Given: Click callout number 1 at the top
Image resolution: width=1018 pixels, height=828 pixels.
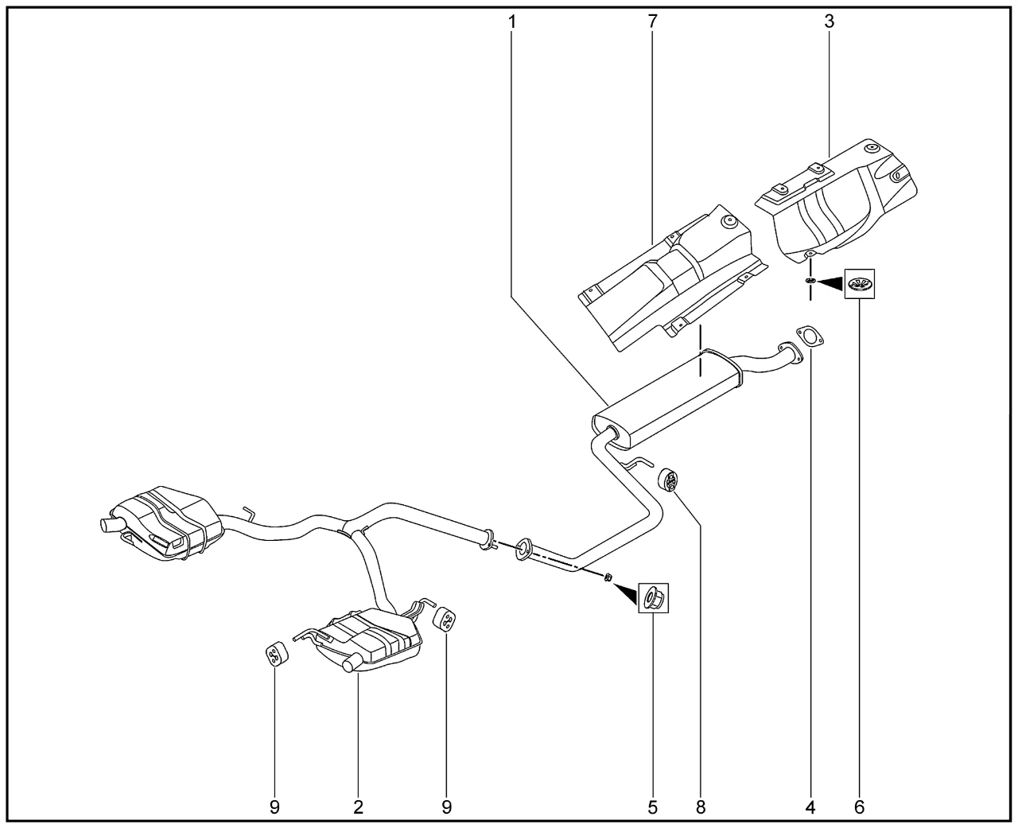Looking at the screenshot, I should [511, 21].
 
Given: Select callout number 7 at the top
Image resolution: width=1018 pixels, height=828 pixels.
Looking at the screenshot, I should [653, 21].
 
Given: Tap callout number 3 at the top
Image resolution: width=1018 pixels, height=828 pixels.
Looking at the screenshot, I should [829, 21].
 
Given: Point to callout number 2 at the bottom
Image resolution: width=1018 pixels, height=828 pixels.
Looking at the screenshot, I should [358, 807].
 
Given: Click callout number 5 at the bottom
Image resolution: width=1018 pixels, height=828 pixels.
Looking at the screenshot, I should [652, 807].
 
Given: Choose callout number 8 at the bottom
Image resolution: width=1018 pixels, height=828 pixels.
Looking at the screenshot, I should [701, 807].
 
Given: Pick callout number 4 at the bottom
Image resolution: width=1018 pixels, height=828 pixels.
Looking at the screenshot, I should [810, 807].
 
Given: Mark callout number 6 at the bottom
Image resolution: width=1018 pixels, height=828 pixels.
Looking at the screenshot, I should [859, 807].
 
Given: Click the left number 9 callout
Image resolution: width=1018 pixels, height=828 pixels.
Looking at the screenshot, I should [274, 807].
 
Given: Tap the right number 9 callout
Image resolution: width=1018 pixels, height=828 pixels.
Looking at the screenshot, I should [446, 807].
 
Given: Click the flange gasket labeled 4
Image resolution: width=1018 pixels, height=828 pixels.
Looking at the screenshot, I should [808, 336].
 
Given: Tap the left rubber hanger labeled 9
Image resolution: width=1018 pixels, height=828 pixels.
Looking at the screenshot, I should [274, 654].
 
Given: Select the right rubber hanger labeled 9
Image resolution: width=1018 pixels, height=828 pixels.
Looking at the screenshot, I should [446, 620].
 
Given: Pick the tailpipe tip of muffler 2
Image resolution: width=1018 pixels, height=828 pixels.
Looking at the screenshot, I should [349, 666].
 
